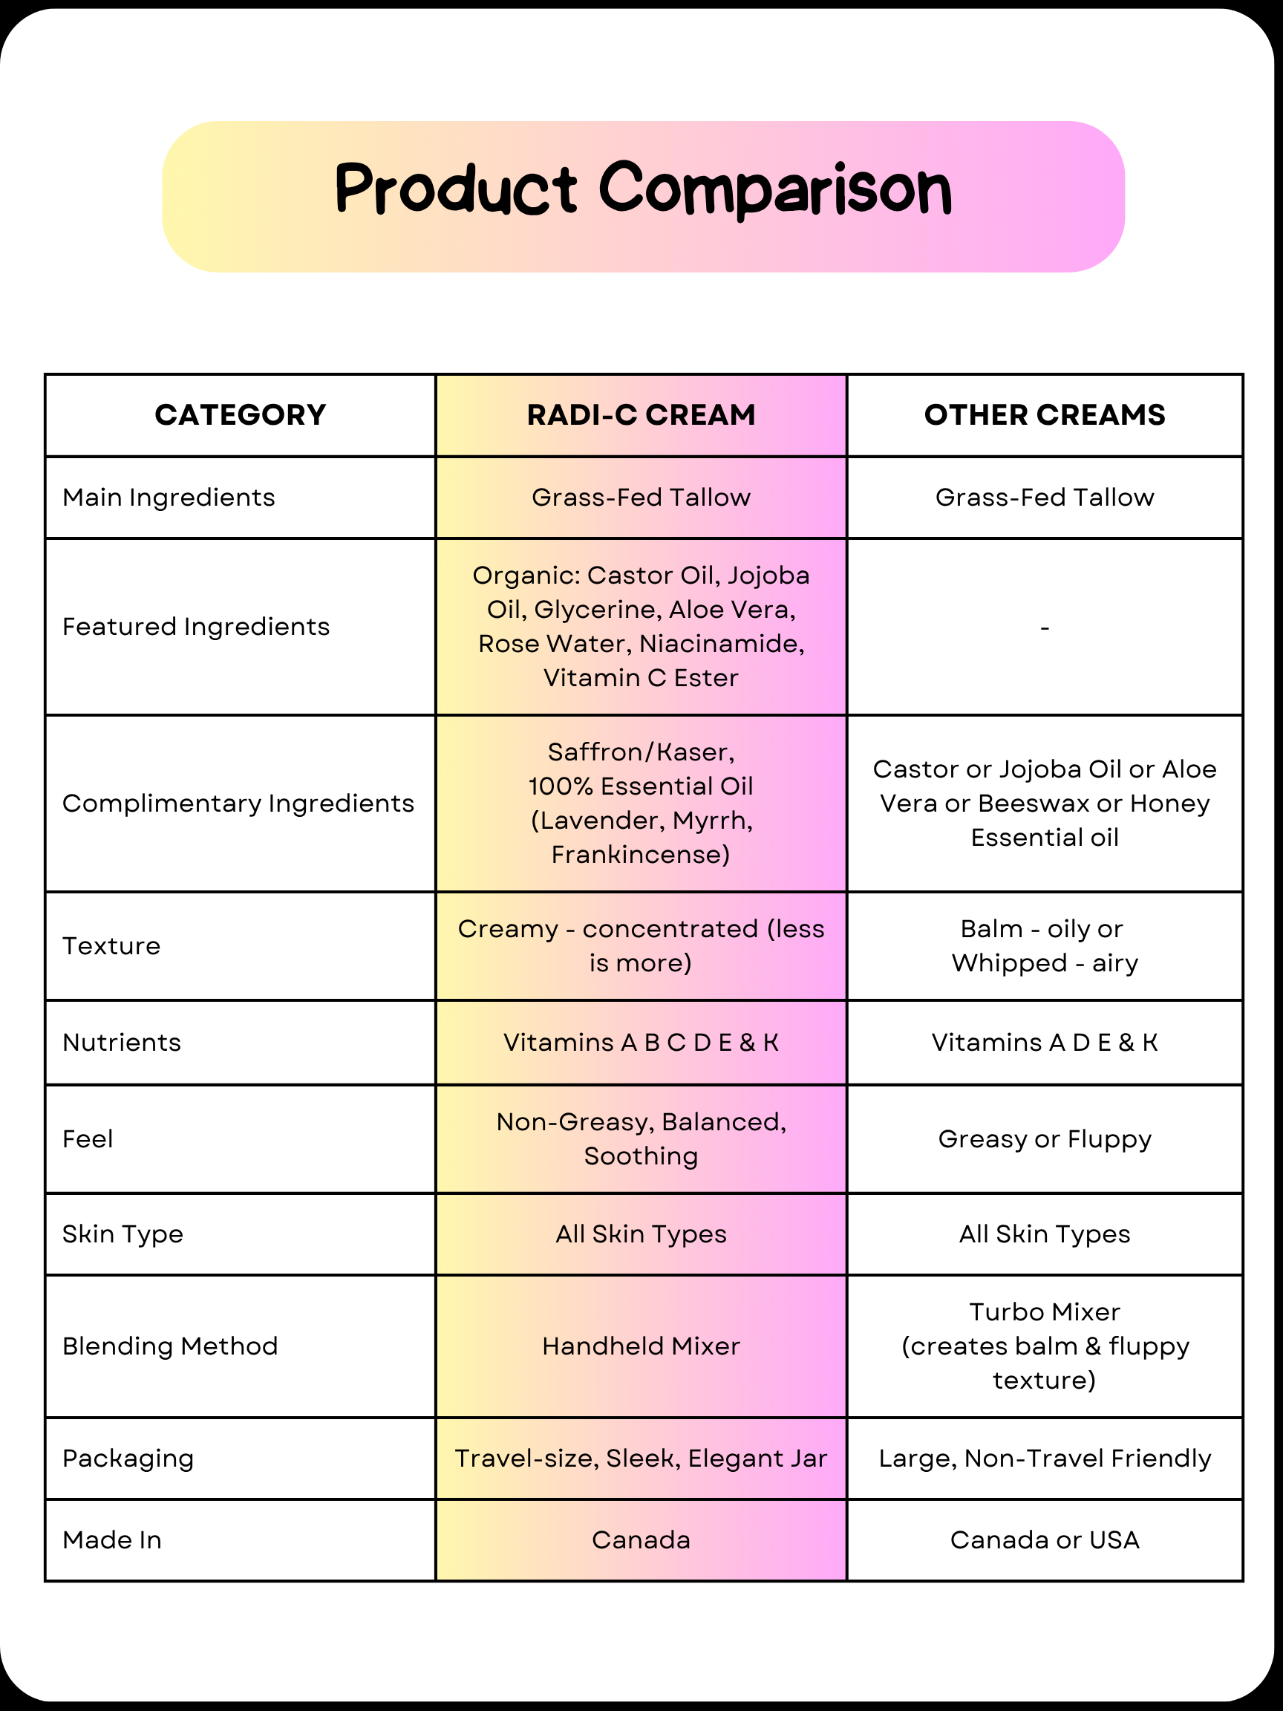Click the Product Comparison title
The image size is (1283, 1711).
(x=643, y=190)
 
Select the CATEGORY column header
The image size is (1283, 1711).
(x=240, y=415)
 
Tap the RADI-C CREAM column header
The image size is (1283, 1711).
(x=641, y=415)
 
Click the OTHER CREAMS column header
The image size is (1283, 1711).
(x=1044, y=415)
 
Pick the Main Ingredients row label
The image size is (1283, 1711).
(x=169, y=498)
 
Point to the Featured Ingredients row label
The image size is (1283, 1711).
(x=196, y=627)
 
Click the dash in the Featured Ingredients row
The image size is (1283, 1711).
(x=1044, y=628)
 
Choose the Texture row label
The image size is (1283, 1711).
(x=111, y=946)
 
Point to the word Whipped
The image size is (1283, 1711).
(x=1009, y=964)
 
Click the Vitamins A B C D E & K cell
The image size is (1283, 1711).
(x=641, y=1043)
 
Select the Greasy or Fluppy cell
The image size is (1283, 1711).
(x=1044, y=1139)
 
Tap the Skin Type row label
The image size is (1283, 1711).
(x=123, y=1234)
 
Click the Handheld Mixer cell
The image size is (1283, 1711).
(x=641, y=1346)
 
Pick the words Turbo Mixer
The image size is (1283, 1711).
(x=1044, y=1313)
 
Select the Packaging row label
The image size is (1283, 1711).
(x=128, y=1459)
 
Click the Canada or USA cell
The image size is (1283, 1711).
(x=1044, y=1540)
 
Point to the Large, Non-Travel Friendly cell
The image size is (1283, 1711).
(x=1044, y=1459)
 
